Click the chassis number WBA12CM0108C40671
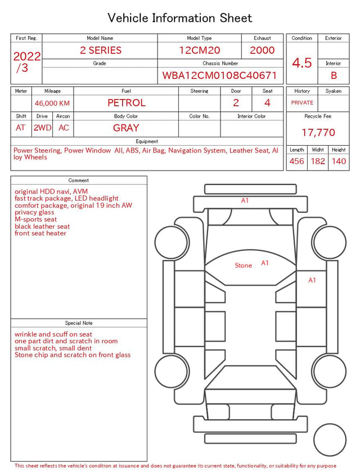tap(219, 75)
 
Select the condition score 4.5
tap(302, 63)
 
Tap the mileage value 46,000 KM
tap(52, 104)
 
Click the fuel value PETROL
tap(127, 103)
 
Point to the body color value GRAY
tap(126, 128)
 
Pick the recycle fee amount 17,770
tap(318, 132)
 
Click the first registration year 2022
tap(27, 56)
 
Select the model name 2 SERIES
tap(101, 50)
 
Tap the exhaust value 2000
tap(262, 50)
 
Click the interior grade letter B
tap(334, 75)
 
